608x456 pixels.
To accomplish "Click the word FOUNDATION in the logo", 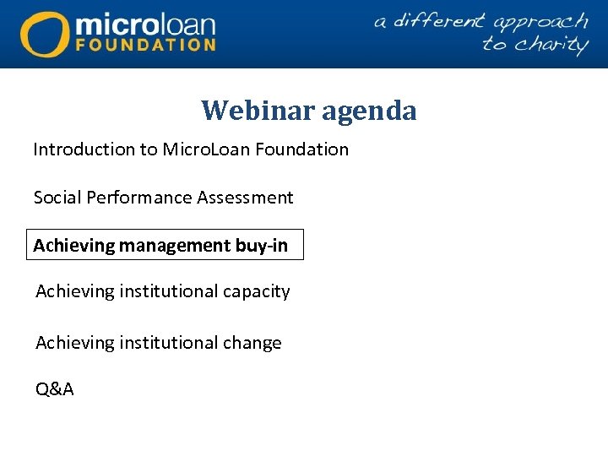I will pos(145,44).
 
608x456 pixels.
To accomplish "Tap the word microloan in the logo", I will pos(145,23).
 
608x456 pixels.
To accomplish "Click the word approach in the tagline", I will pos(541,21).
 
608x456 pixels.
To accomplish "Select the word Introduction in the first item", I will pos(84,149).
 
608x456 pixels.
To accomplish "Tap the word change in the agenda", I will pos(250,343).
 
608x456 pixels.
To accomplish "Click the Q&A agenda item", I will pos(55,389).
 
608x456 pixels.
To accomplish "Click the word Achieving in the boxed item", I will pos(73,246).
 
